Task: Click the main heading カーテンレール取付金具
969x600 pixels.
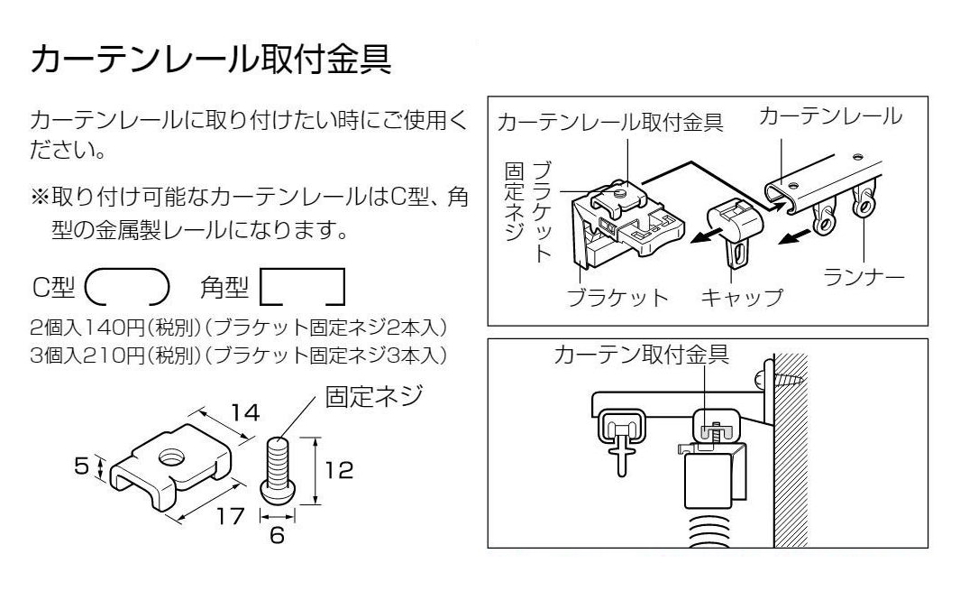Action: (211, 59)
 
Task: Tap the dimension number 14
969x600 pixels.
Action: (245, 412)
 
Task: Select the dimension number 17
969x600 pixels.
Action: (230, 516)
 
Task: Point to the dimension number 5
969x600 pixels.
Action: (81, 466)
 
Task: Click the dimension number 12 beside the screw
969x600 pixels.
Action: (339, 470)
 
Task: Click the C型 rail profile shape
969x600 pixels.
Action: (127, 287)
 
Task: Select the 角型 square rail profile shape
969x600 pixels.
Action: (302, 287)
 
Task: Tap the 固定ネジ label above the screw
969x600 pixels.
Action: (374, 396)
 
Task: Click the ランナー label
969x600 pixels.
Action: (864, 276)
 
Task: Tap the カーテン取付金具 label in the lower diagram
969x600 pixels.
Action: (642, 355)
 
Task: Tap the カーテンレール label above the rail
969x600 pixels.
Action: (830, 115)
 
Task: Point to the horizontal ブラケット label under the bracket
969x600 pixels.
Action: (617, 298)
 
